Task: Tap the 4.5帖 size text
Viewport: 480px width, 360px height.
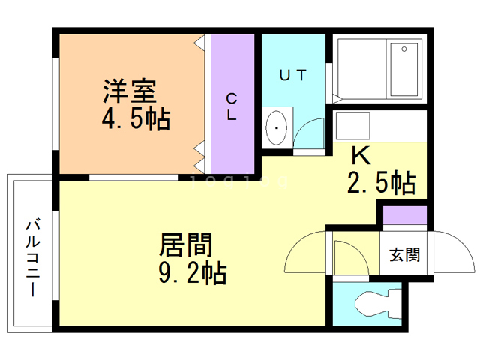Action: point(136,118)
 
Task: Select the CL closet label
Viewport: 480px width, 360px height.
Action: point(233,107)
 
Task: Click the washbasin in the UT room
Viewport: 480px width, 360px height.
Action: point(278,128)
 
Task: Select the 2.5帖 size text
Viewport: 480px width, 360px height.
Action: point(382,182)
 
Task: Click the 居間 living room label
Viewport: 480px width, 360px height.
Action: point(184,245)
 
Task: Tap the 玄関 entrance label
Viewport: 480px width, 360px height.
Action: point(403,254)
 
